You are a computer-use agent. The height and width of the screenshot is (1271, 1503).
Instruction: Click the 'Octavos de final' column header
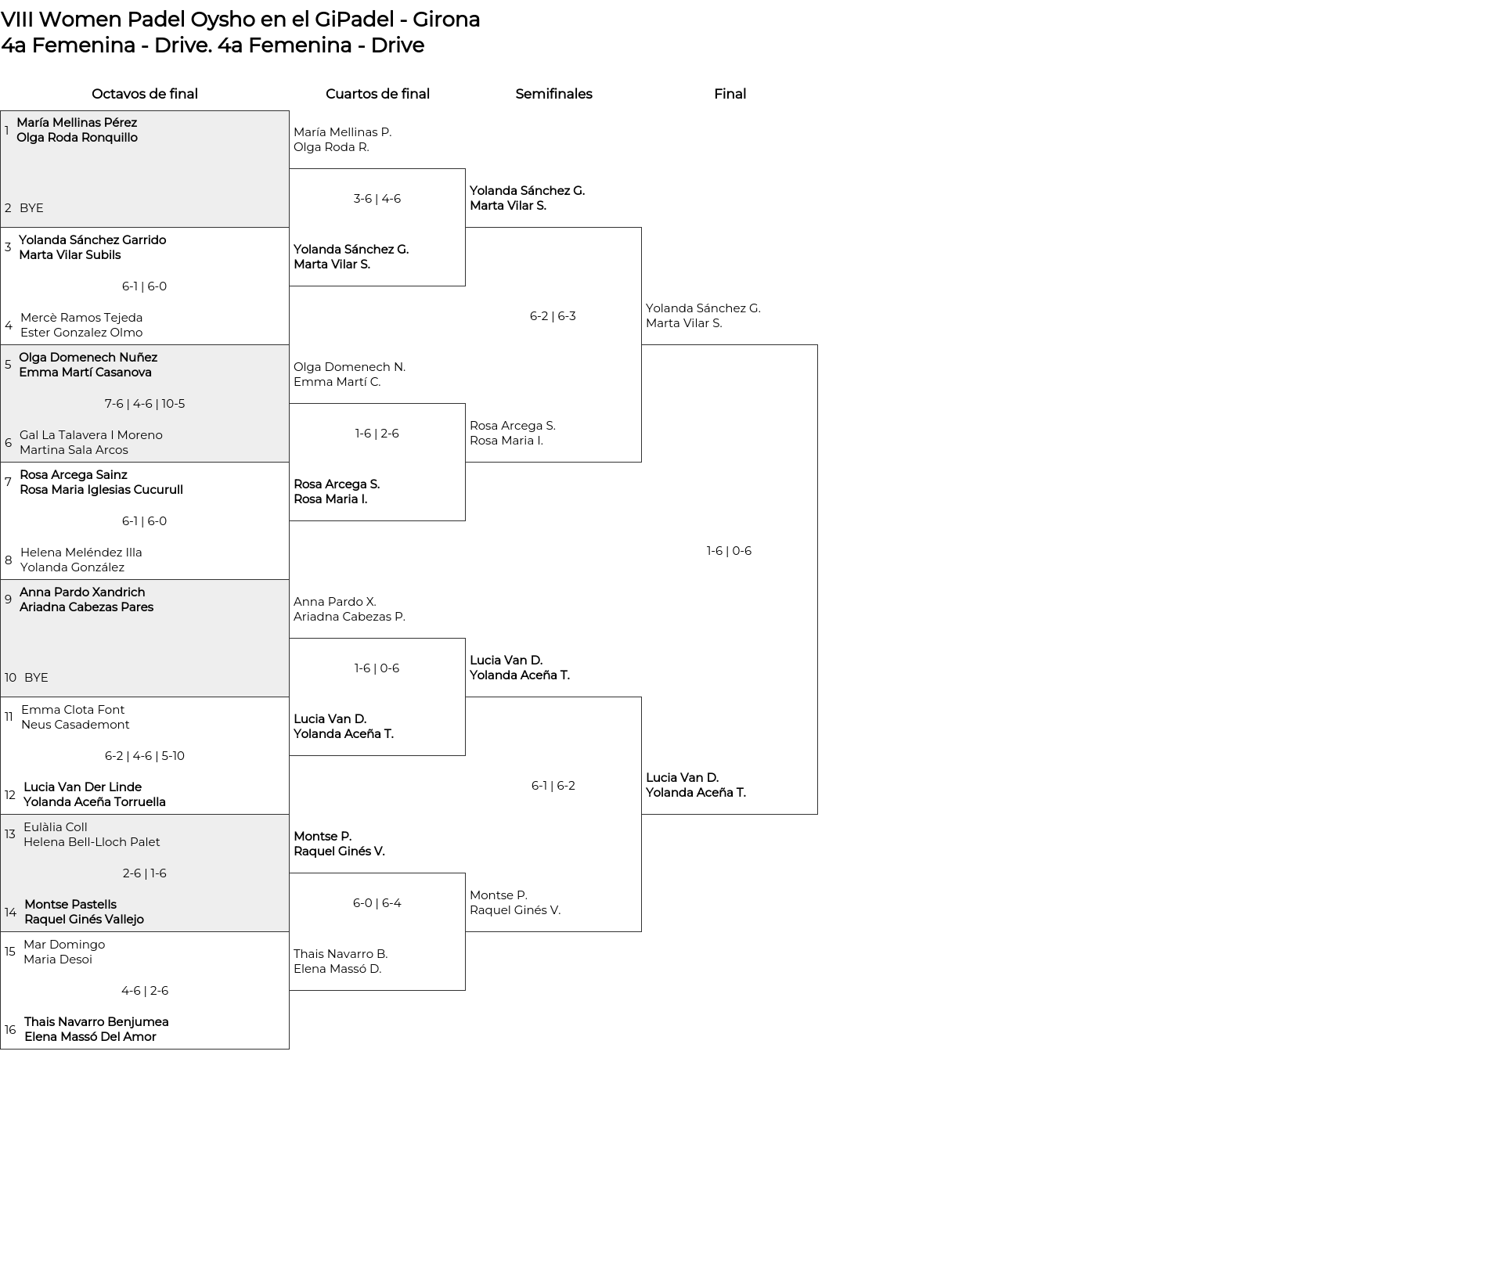[145, 94]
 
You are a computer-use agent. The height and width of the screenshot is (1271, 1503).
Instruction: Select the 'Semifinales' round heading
[553, 94]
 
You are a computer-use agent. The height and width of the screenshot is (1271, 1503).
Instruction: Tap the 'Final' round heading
[730, 94]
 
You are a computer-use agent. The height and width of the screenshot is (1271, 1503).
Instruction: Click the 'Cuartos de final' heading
[377, 94]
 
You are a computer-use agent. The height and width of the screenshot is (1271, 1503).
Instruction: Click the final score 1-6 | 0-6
[729, 551]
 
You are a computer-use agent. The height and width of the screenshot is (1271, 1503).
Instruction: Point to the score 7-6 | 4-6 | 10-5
[145, 404]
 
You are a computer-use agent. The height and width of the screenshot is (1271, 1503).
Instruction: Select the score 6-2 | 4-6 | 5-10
[145, 756]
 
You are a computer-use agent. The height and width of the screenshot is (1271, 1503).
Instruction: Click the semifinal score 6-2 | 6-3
[553, 316]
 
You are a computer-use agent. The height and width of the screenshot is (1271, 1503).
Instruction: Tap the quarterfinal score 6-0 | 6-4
[377, 903]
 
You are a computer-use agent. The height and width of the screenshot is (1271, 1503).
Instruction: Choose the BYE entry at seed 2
[31, 208]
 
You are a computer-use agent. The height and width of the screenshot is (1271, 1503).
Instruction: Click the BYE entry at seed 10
[36, 678]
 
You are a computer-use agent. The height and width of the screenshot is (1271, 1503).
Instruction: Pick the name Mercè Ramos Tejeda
[81, 318]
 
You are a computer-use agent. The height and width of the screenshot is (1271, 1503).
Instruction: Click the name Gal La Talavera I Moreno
[91, 435]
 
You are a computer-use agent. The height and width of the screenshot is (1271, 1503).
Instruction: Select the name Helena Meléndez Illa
[81, 553]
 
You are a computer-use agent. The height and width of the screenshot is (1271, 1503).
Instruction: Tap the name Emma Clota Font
[73, 710]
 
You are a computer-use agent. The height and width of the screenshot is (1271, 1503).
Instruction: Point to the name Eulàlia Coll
[56, 827]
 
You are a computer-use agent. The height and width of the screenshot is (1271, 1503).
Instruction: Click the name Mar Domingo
[64, 945]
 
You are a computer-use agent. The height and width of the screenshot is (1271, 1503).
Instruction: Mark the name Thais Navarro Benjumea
[96, 1022]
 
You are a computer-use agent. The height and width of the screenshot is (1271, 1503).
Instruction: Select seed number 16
[10, 1030]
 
